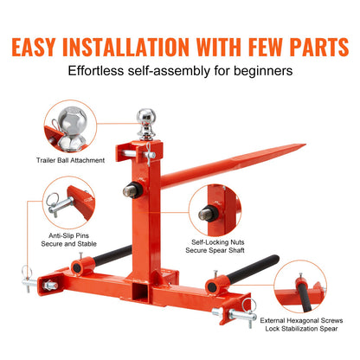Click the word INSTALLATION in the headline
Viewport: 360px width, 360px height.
pyautogui.click(x=125, y=47)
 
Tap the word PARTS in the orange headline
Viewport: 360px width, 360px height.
pyautogui.click(x=319, y=47)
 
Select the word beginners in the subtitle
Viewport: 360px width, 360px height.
pyautogui.click(x=263, y=71)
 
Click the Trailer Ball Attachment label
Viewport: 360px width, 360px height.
pyautogui.click(x=70, y=160)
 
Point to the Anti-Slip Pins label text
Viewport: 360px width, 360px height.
pyautogui.click(x=68, y=235)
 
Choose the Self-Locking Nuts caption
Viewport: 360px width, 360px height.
pyautogui.click(x=218, y=242)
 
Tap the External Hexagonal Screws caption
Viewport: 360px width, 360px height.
pyautogui.click(x=301, y=320)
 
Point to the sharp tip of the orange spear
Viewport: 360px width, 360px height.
pyautogui.click(x=305, y=145)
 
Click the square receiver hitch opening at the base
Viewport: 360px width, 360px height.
pyautogui.click(x=141, y=292)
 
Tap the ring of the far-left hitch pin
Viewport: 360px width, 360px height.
pyautogui.click(x=27, y=272)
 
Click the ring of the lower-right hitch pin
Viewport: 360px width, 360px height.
pyautogui.click(x=249, y=305)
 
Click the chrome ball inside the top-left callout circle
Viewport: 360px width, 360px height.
pyautogui.click(x=72, y=121)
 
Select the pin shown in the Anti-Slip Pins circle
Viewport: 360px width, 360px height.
pyautogui.click(x=60, y=204)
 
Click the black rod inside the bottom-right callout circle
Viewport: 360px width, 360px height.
pyautogui.click(x=305, y=297)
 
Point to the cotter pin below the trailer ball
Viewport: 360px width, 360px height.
pyautogui.click(x=149, y=155)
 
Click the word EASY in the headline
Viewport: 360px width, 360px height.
pyautogui.click(x=34, y=47)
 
